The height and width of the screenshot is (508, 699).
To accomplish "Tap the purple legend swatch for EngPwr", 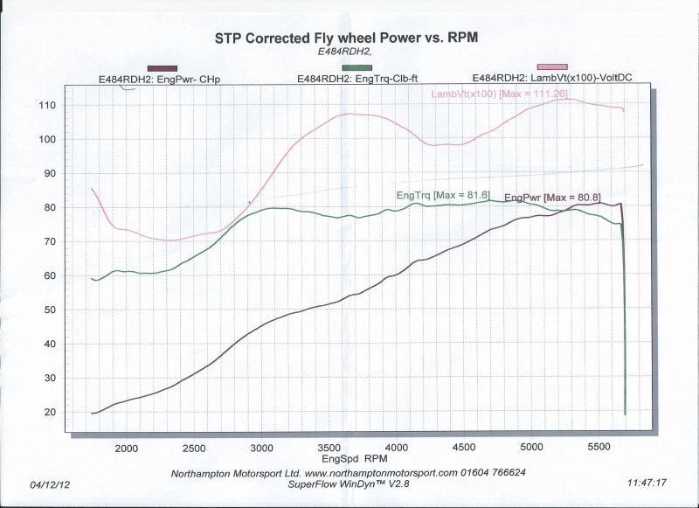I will (x=163, y=68).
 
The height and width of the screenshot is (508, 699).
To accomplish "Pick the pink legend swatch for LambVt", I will (x=552, y=67).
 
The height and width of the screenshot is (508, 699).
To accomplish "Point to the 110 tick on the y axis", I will (x=73, y=106).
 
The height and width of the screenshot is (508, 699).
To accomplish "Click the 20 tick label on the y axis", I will (x=73, y=413).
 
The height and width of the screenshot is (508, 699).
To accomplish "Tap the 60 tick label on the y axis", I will (x=73, y=276).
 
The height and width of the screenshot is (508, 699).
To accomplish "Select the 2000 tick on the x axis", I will (x=128, y=449).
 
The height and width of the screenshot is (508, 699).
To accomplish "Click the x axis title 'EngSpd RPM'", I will (x=355, y=459).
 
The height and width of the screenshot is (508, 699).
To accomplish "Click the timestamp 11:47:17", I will (x=647, y=482).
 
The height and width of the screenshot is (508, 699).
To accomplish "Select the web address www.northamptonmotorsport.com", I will (x=381, y=472).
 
